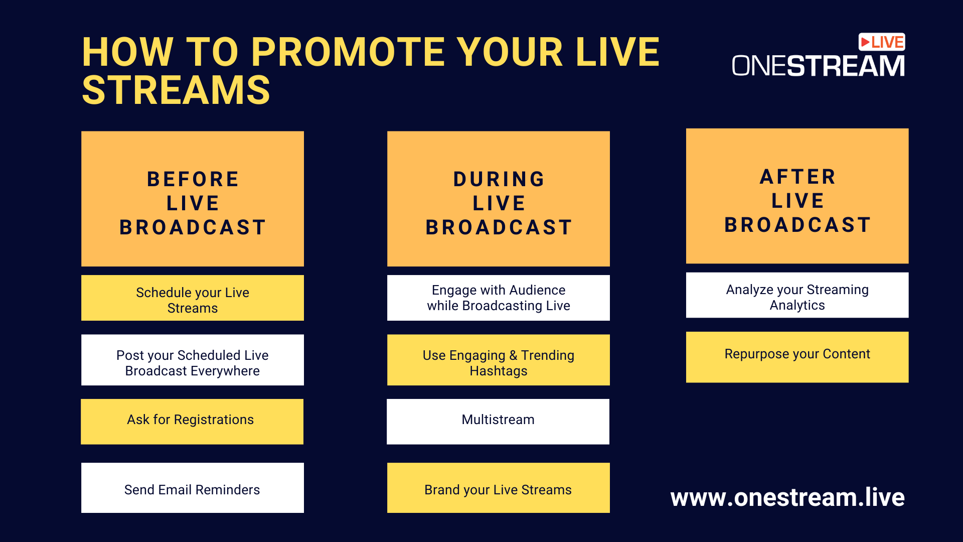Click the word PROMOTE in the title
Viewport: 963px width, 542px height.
pyautogui.click(x=348, y=52)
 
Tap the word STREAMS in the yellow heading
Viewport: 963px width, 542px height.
pyautogui.click(x=176, y=90)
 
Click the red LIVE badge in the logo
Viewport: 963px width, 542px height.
pyautogui.click(x=882, y=42)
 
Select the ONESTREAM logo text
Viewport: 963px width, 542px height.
pyautogui.click(x=819, y=66)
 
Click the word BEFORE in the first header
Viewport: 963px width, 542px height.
pyautogui.click(x=193, y=179)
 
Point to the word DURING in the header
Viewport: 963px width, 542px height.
pyautogui.click(x=499, y=179)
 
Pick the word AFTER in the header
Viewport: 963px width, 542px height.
pyautogui.click(x=797, y=177)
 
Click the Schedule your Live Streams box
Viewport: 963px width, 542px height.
pyautogui.click(x=193, y=298)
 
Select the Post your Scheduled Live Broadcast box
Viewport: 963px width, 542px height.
pyautogui.click(x=193, y=360)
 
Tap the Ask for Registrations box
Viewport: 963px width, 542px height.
pyautogui.click(x=192, y=422)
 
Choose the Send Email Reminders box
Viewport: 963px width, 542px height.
pyautogui.click(x=193, y=488)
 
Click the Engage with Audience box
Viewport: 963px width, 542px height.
pyautogui.click(x=499, y=298)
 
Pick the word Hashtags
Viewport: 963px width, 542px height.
pyautogui.click(x=499, y=371)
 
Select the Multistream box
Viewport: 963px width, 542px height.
pyautogui.click(x=498, y=422)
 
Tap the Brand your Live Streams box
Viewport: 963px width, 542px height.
pyautogui.click(x=499, y=488)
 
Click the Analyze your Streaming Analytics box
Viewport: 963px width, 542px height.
pyautogui.click(x=797, y=295)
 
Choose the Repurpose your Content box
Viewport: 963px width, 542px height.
pyautogui.click(x=797, y=357)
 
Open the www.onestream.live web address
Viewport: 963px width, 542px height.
pyautogui.click(x=787, y=497)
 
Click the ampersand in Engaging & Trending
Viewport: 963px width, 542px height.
pyautogui.click(x=513, y=355)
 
